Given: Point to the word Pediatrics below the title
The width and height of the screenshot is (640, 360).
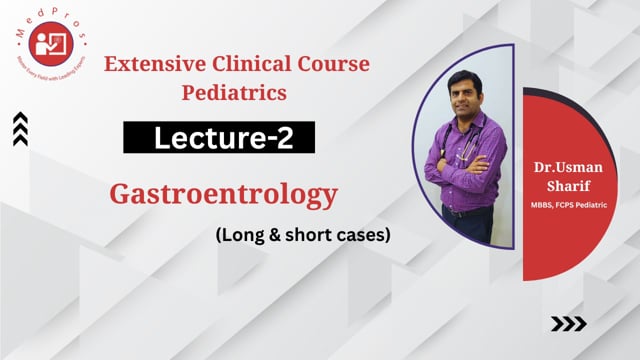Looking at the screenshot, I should coord(237,94).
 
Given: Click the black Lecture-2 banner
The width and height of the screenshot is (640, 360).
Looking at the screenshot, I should coord(219,139).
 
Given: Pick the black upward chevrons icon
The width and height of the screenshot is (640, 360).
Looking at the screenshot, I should coord(20,128).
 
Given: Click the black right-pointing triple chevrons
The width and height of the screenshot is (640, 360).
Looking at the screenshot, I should coord(569,323).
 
